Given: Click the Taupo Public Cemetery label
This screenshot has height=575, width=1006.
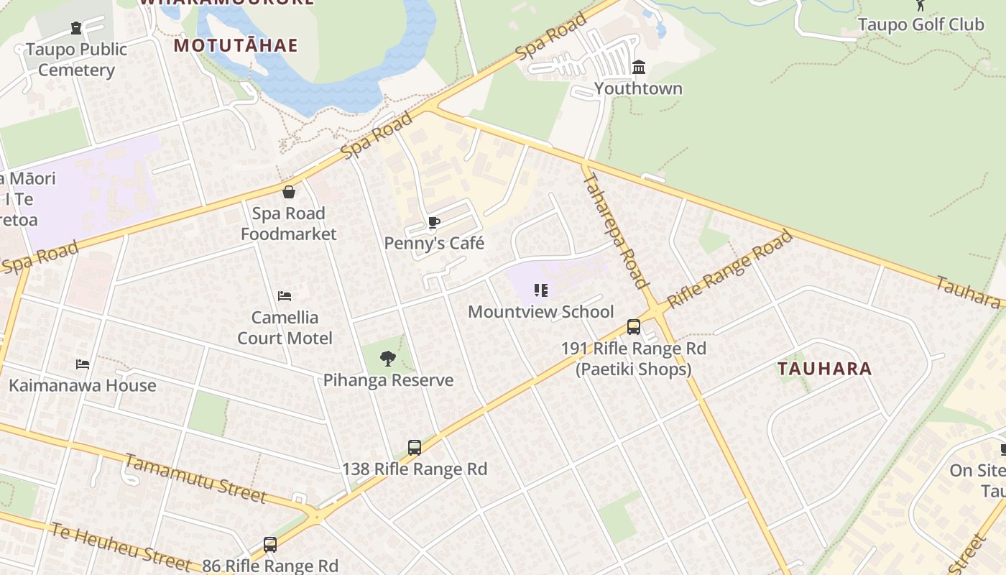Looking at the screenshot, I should tap(76, 60).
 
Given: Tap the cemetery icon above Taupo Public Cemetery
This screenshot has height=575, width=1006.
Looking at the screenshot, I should tap(76, 28).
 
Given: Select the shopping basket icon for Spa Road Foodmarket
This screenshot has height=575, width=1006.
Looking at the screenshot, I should tap(288, 192).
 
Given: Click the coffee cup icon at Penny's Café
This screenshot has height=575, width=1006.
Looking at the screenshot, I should tap(433, 222).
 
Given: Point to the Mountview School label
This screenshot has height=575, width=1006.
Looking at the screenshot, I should tap(540, 312).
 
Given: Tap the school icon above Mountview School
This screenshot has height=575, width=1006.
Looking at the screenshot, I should tap(541, 290).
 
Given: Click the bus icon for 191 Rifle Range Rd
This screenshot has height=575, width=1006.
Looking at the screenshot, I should tap(634, 327).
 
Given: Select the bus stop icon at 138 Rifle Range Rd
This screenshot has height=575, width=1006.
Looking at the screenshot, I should tap(415, 448).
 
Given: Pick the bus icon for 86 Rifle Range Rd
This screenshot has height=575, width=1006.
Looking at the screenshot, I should tap(270, 545).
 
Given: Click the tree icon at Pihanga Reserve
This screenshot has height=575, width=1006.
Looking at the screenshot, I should tap(388, 359).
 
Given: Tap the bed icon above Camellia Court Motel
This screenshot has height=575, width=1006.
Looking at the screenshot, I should tap(285, 295).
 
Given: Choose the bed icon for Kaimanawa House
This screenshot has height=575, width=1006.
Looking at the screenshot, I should tap(83, 364).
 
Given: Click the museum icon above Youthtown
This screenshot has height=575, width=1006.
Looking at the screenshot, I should tap(638, 68).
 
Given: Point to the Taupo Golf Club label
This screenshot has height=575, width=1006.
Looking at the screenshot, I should tap(920, 24).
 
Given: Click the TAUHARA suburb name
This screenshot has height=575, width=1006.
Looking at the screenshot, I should tap(824, 369).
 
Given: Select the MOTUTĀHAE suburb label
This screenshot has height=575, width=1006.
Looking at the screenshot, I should tap(236, 45).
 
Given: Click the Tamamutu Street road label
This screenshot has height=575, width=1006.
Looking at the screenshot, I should tap(195, 478).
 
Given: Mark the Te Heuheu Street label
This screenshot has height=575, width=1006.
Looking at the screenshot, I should tap(120, 546).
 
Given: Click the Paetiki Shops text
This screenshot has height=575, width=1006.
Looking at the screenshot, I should tap(633, 369).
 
